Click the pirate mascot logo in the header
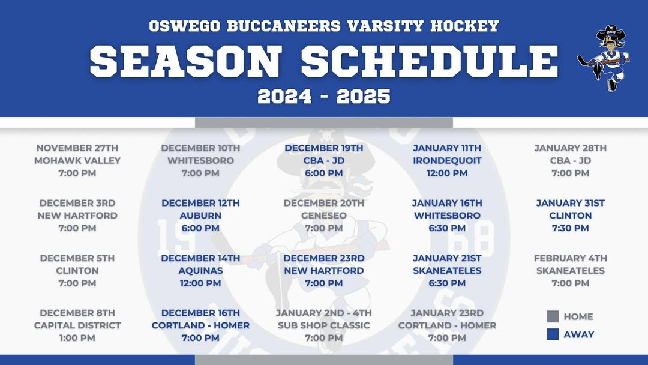coord(604,58)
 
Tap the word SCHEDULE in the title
coord(430,62)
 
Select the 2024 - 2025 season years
coord(323,97)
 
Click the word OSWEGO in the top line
coord(185,26)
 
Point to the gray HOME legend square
coord(553,316)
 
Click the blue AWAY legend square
coord(553,334)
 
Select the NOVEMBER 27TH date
coord(77,148)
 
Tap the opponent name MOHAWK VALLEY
coord(77,160)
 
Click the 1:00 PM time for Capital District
coord(77,338)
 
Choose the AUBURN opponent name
coord(200,216)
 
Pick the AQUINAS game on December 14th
coord(200,271)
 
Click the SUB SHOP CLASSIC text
coord(323,325)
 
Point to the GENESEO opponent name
coord(323,216)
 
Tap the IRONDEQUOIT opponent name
coord(447,160)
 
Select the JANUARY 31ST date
coord(571,203)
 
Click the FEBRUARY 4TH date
coord(571,258)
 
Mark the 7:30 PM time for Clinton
coord(571,228)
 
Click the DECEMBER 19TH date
coord(323,148)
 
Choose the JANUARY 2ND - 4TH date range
coord(323,313)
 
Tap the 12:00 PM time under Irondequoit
coord(447,173)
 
